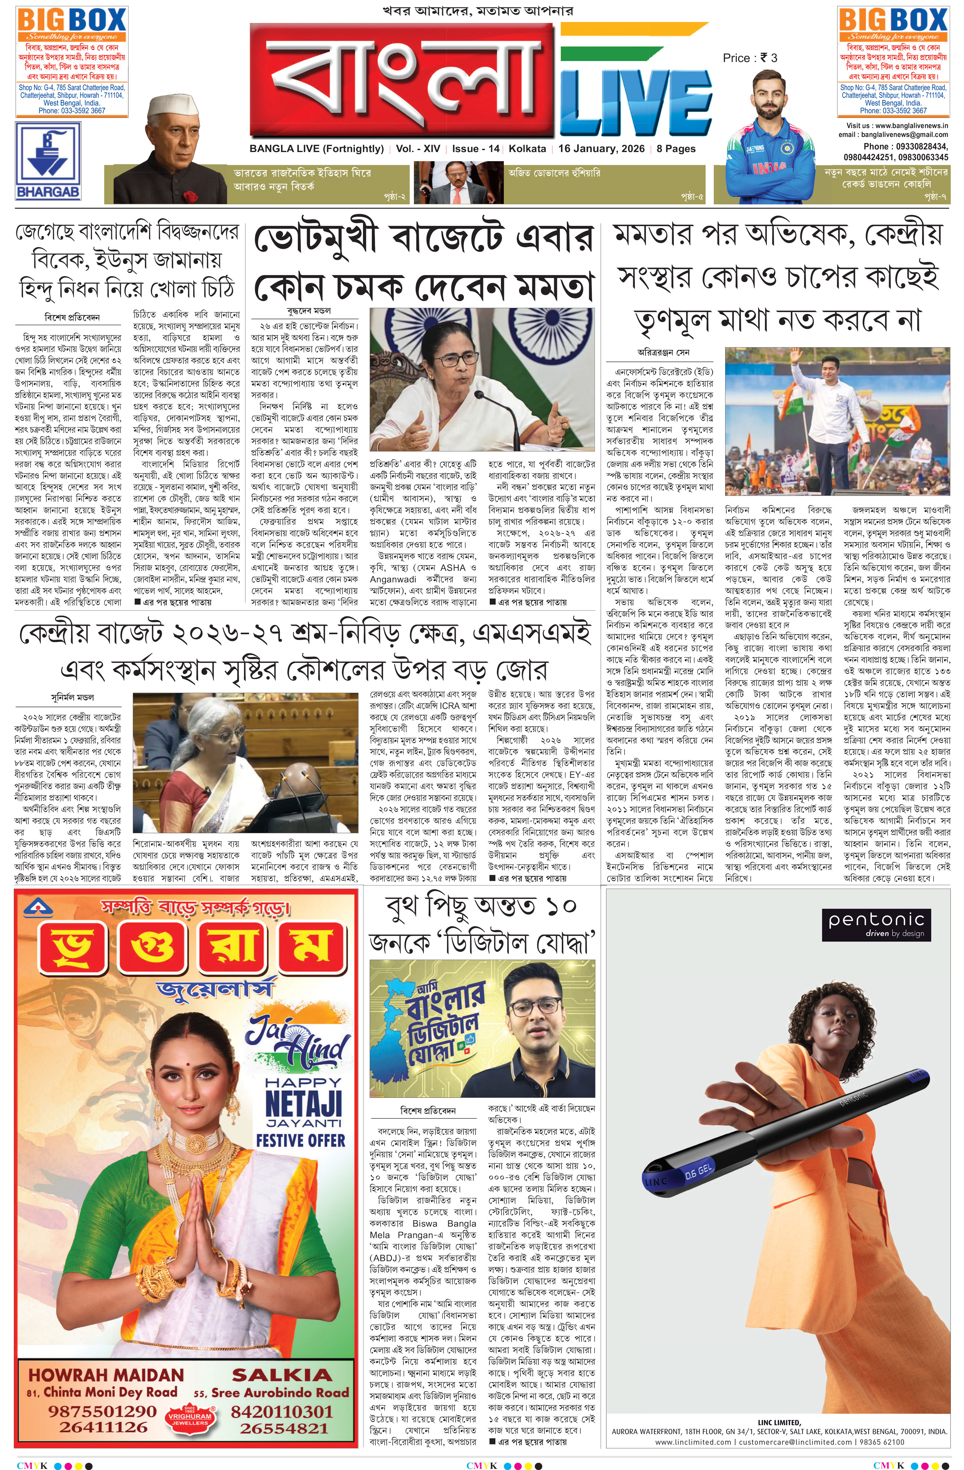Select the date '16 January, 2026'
601,149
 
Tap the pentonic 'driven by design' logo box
876,923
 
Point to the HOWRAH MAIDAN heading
106,1375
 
